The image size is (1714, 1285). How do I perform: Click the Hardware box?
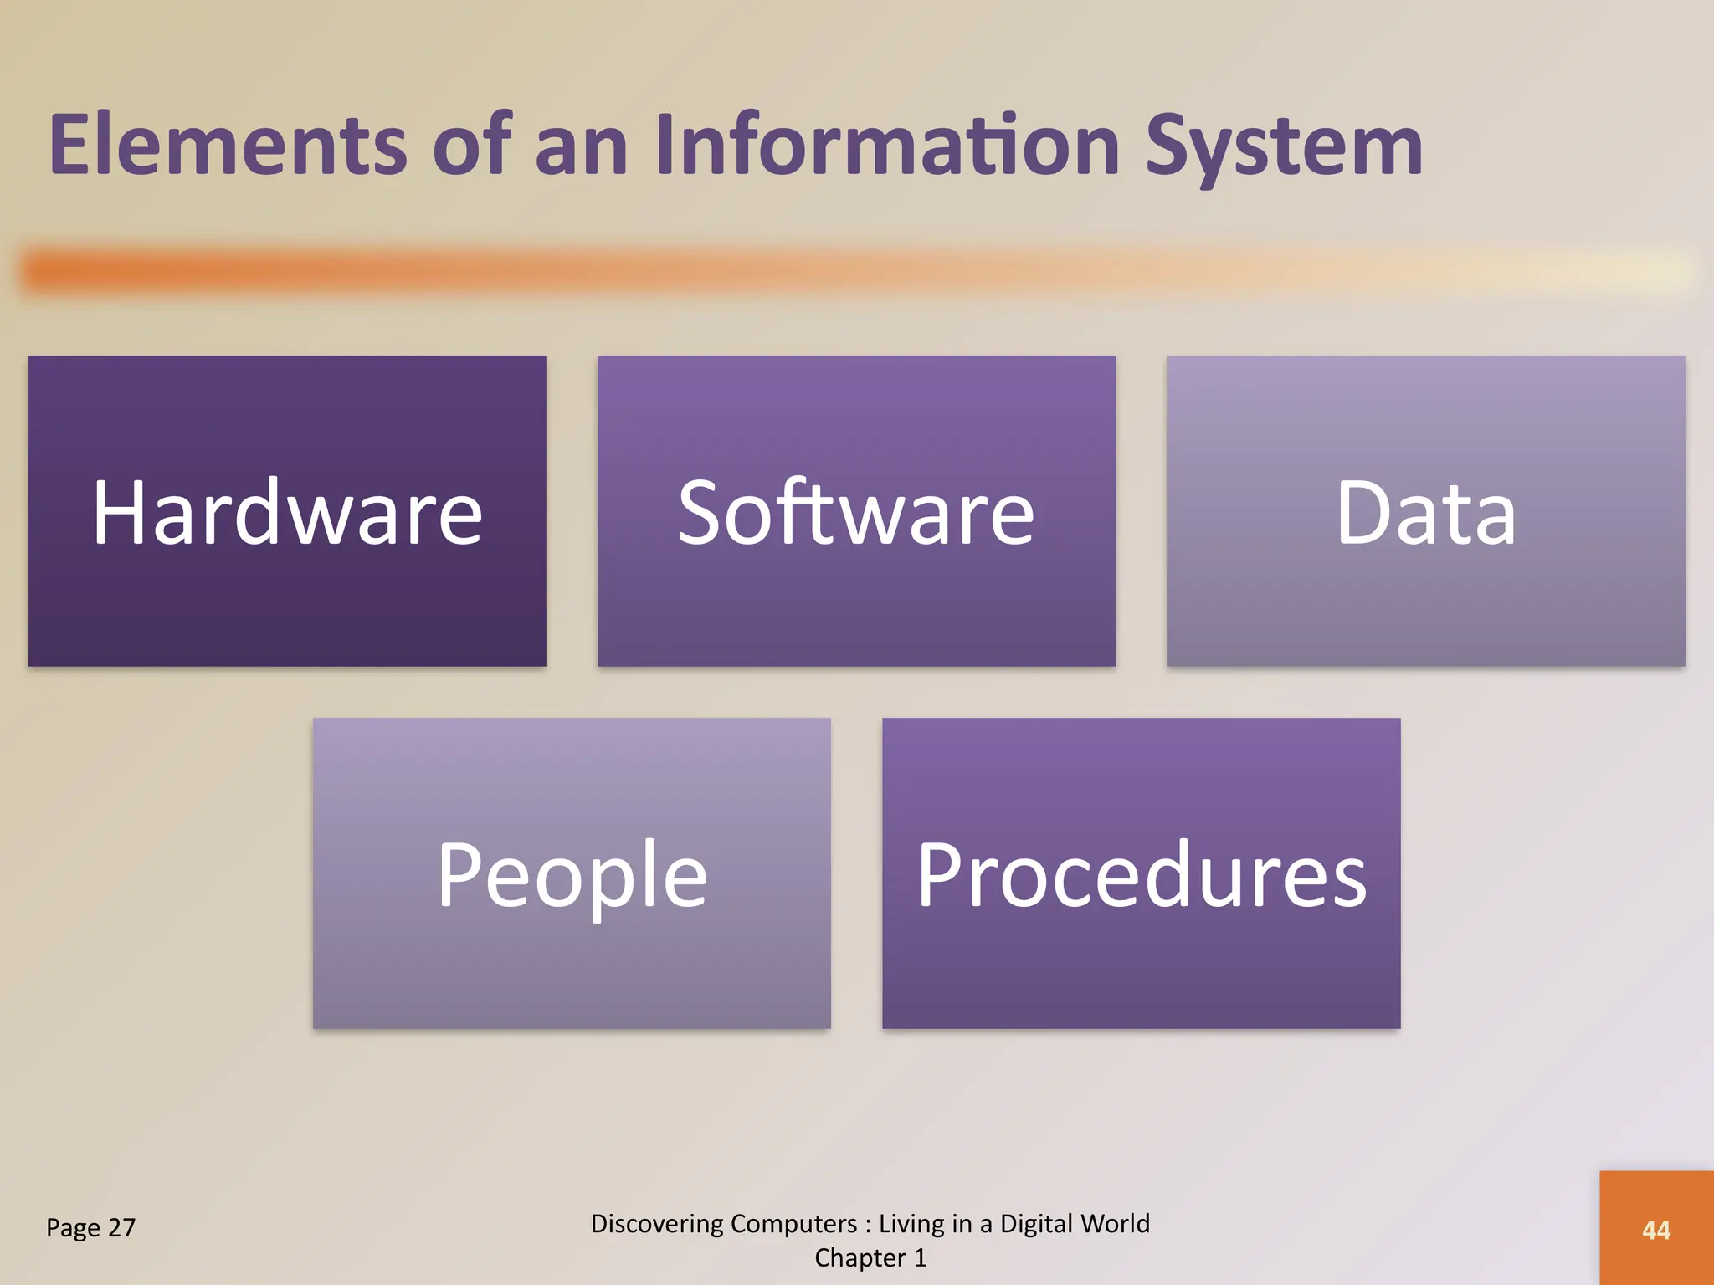point(287,511)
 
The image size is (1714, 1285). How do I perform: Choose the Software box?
point(856,511)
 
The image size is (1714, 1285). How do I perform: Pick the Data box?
point(1426,511)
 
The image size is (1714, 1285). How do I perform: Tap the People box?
point(572,873)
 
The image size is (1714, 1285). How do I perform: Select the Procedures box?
point(1141,873)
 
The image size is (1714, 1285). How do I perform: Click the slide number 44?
point(1656,1231)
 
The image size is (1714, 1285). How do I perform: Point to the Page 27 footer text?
point(90,1228)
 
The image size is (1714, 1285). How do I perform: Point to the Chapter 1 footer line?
point(870,1258)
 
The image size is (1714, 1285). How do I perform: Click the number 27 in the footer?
point(121,1228)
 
